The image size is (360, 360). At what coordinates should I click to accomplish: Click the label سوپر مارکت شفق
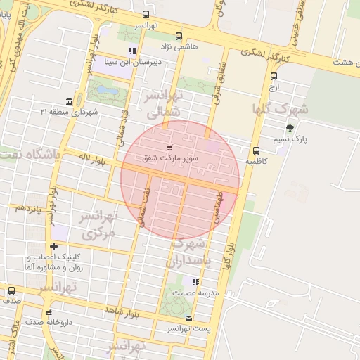170,159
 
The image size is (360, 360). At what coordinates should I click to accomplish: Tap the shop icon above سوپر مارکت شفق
169,148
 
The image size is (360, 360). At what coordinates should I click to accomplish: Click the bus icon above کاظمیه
255,150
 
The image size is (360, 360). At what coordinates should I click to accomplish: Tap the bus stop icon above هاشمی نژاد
179,36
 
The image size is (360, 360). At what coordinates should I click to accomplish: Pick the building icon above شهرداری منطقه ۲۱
68,101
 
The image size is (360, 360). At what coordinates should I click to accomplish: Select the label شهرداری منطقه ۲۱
69,112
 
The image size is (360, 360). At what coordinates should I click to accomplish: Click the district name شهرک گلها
281,110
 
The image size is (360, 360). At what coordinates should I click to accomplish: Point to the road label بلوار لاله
91,160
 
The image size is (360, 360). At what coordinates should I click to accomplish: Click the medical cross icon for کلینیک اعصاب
54,247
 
